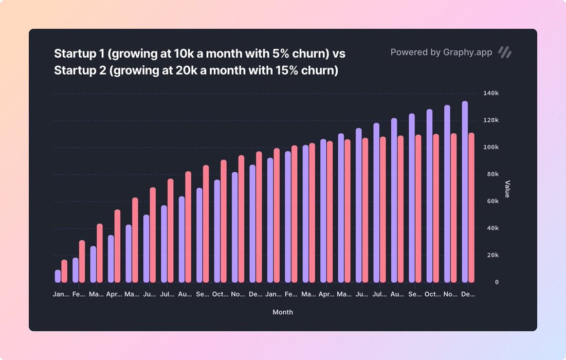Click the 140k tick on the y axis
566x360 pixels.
point(491,94)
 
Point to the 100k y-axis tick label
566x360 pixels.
point(491,148)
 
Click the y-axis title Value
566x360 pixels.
point(507,189)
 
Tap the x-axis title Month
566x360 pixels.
point(283,312)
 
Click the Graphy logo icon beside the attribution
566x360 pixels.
point(505,52)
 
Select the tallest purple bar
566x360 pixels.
point(465,191)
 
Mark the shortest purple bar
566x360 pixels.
point(58,276)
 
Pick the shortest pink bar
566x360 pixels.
point(64,271)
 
